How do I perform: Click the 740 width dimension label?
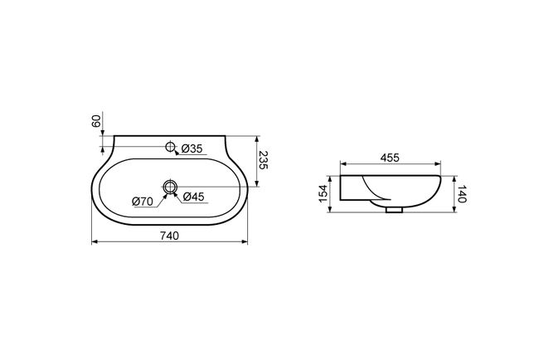(169, 236)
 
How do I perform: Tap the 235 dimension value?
(263, 160)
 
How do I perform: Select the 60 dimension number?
(96, 121)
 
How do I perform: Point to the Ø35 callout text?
(192, 148)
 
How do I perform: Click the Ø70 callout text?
(143, 202)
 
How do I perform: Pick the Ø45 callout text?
(193, 197)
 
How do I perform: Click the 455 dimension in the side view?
(390, 158)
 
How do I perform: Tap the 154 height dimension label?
(323, 193)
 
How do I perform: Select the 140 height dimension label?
(462, 194)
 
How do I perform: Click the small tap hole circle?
(170, 147)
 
